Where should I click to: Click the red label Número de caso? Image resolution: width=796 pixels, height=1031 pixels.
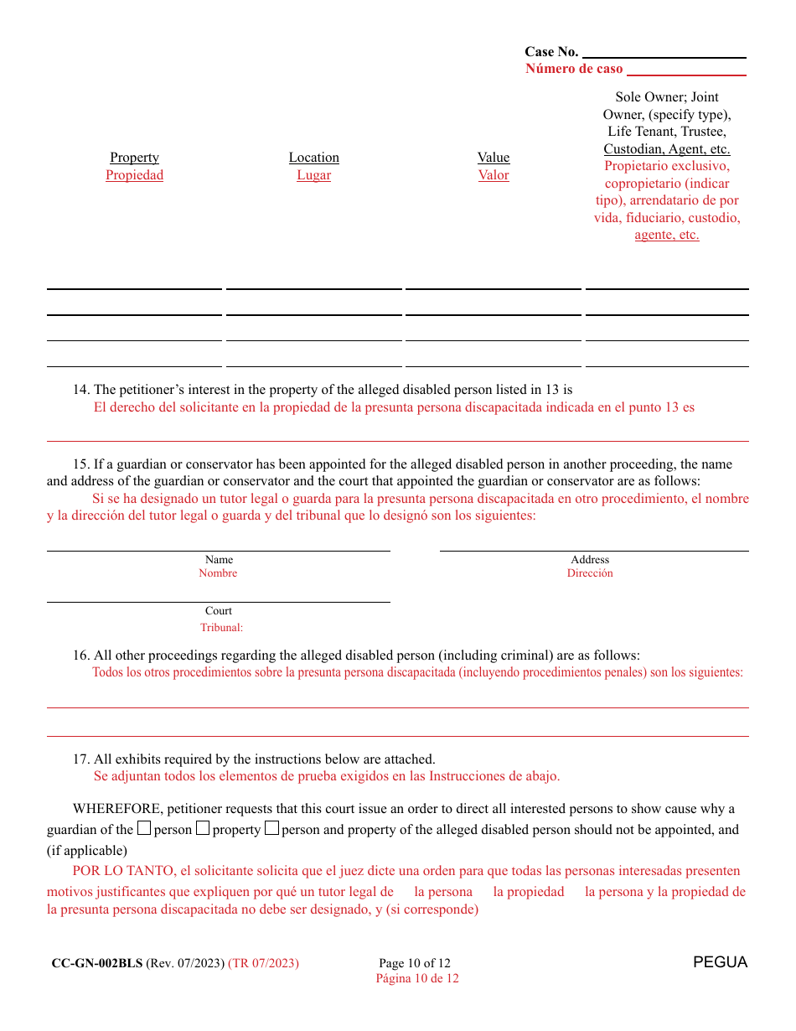click(x=574, y=69)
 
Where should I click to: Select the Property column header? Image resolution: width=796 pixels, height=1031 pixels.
click(x=134, y=158)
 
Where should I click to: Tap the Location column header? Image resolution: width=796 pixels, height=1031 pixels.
click(x=314, y=158)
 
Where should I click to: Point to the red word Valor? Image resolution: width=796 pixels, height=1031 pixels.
click(x=494, y=175)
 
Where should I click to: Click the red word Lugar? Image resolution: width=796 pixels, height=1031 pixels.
click(x=314, y=175)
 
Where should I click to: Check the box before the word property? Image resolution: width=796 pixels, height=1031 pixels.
click(x=203, y=829)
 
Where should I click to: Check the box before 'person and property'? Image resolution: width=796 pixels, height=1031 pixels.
click(x=271, y=829)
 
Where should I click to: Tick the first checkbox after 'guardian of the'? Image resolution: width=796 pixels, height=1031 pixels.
click(x=144, y=829)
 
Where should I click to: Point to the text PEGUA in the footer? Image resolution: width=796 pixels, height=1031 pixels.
click(x=720, y=962)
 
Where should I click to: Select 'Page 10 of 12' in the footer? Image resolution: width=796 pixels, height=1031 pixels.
click(x=415, y=963)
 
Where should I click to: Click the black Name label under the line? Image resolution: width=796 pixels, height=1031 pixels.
click(x=219, y=560)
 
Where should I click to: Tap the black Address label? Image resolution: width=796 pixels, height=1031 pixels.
click(x=590, y=560)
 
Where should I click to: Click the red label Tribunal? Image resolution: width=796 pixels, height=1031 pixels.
click(x=221, y=628)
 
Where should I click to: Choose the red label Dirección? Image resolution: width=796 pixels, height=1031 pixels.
click(x=590, y=573)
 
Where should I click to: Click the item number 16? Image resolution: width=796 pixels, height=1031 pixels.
click(x=80, y=655)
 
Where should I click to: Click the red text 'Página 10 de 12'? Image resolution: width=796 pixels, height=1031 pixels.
click(x=416, y=978)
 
